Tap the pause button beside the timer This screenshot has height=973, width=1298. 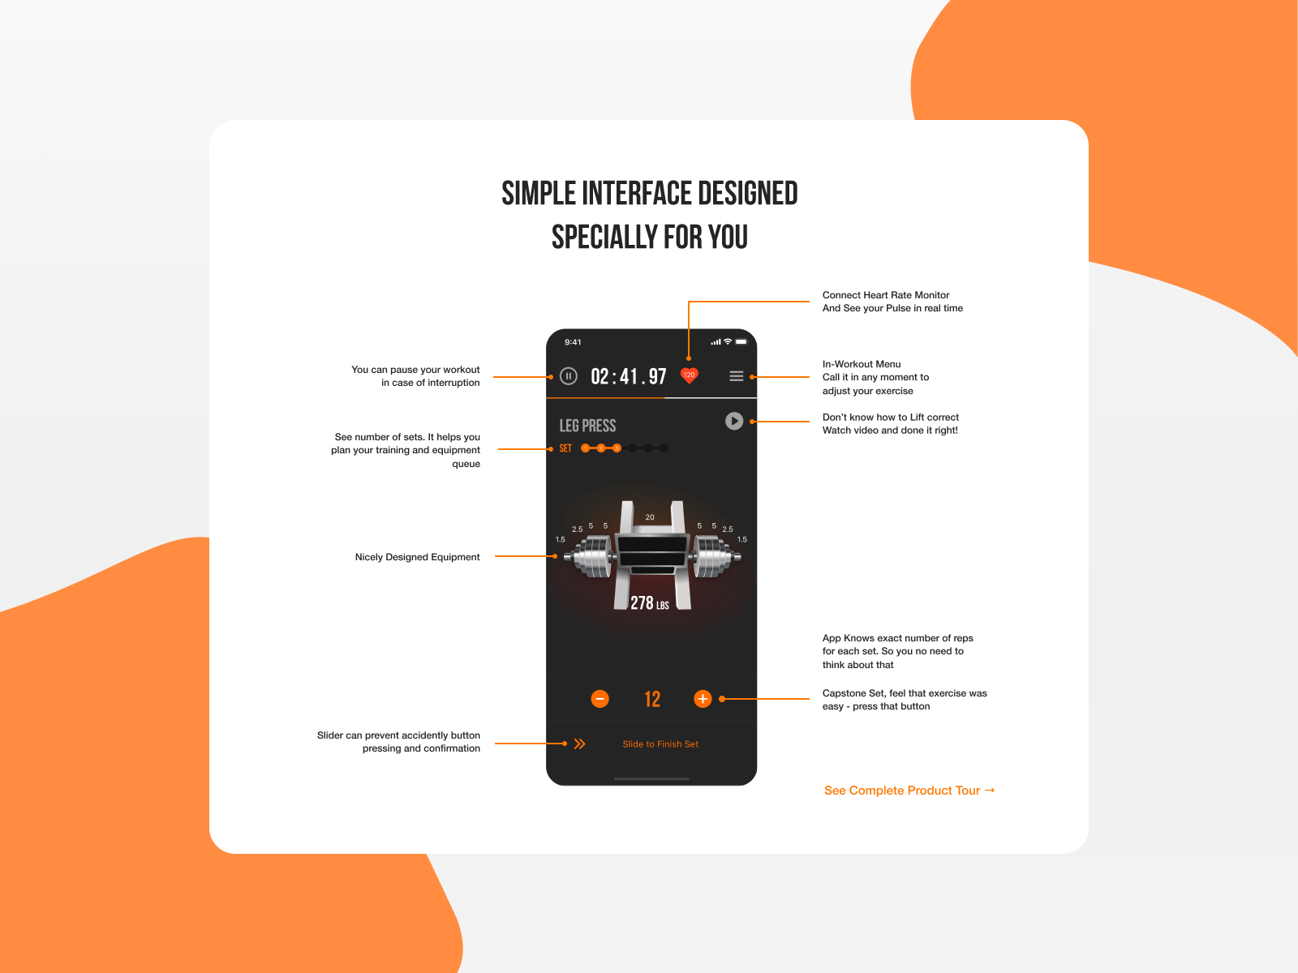[569, 376]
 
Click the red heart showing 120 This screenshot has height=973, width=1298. [689, 375]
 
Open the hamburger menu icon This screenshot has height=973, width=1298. [737, 376]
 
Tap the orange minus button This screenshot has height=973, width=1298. [600, 699]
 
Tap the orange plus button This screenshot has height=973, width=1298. [703, 699]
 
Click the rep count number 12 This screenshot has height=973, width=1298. [652, 700]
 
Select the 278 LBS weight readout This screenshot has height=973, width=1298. [649, 603]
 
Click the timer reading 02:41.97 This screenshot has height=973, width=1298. [629, 376]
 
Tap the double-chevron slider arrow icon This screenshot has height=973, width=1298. [579, 744]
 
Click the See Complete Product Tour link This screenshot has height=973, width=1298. [909, 791]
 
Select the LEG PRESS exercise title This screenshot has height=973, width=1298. [587, 426]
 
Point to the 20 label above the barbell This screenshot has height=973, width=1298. [650, 517]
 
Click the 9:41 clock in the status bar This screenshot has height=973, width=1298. [573, 342]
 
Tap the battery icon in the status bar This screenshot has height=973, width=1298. [741, 341]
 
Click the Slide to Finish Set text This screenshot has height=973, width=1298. [660, 744]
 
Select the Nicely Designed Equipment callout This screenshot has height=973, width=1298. [417, 557]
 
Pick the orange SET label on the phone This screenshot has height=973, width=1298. [565, 448]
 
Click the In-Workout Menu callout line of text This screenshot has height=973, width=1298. [862, 364]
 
